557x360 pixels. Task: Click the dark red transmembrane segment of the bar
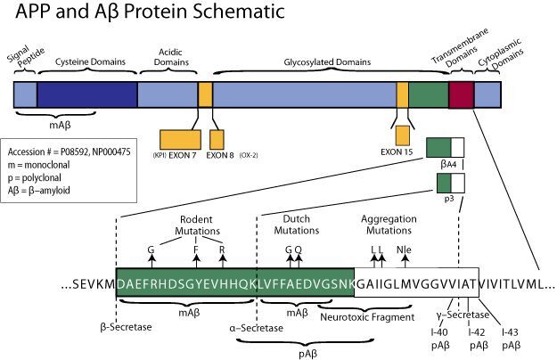(461, 94)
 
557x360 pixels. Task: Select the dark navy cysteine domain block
(87, 94)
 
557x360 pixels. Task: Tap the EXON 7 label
(183, 155)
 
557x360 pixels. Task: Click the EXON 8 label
(220, 155)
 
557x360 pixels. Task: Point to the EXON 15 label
(397, 152)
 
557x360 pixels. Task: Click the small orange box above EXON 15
(403, 135)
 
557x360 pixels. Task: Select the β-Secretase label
(127, 327)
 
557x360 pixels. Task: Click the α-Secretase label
(257, 328)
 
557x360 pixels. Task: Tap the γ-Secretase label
(463, 315)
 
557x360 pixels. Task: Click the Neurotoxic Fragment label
(367, 316)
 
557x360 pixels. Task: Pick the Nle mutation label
(404, 250)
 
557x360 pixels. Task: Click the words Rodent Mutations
(197, 225)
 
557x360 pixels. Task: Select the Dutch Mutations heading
(297, 225)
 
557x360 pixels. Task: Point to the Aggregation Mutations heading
(389, 225)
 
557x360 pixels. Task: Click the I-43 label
(510, 332)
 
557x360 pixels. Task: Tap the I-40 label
(439, 332)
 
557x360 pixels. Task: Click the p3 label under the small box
(449, 199)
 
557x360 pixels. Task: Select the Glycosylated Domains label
(327, 62)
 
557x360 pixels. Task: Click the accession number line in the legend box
(69, 152)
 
